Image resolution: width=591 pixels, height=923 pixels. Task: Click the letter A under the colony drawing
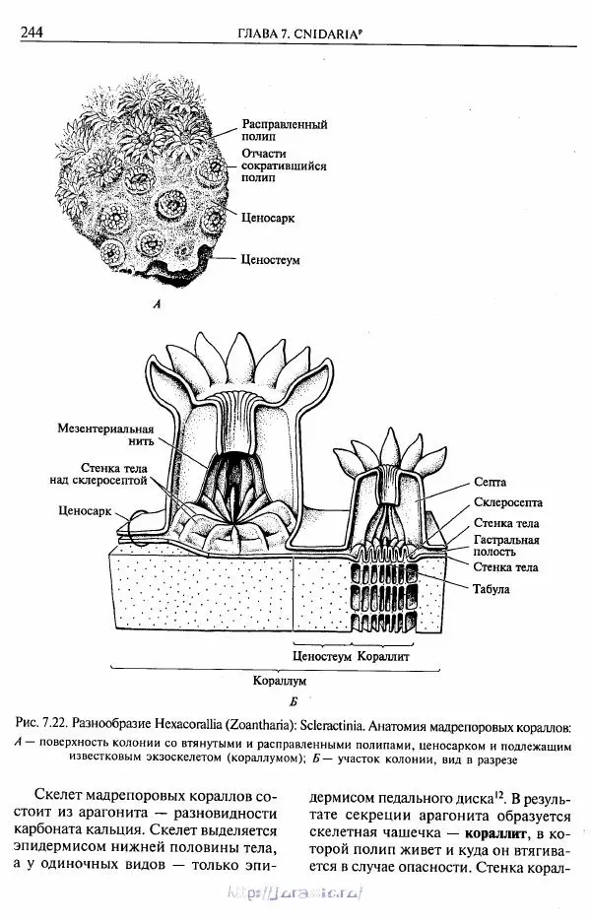157,305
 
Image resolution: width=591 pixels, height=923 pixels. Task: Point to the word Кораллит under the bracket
383,655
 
